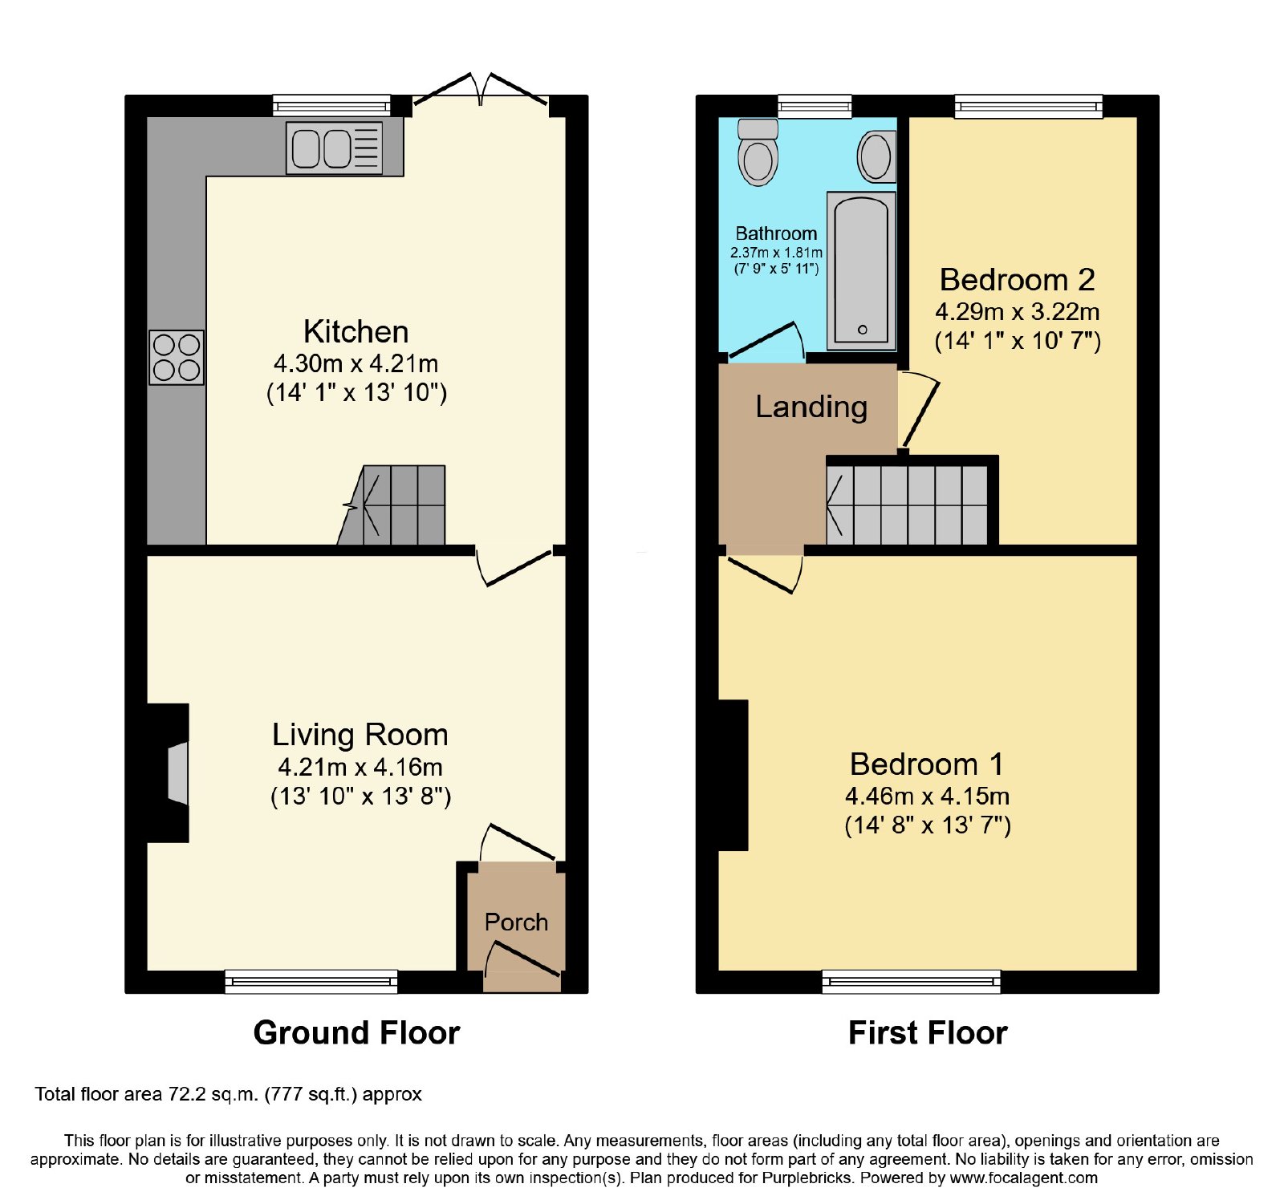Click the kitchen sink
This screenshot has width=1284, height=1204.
coord(335,148)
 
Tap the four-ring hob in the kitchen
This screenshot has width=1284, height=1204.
coord(177,357)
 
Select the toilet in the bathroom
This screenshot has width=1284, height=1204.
coord(758,152)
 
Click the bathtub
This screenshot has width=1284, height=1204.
coord(861,270)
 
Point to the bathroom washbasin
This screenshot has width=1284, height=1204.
coord(876,156)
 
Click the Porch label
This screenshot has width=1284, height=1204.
coord(516,922)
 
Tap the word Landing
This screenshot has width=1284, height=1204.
coord(811,407)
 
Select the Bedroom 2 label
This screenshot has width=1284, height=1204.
coord(1017,279)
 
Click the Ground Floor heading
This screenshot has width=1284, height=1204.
coord(356,1032)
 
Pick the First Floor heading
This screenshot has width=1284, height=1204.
coord(928,1032)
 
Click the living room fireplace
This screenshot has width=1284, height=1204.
coord(169,773)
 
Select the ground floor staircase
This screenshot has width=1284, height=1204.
coord(392,505)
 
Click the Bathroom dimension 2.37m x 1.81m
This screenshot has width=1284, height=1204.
coord(776,253)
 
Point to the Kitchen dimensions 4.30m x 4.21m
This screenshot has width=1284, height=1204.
coord(356,363)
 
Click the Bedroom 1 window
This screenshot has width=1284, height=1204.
coord(912,981)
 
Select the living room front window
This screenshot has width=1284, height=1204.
coord(311,981)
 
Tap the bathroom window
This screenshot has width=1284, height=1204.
coord(815,106)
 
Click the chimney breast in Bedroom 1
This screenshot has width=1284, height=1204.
coord(733,775)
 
